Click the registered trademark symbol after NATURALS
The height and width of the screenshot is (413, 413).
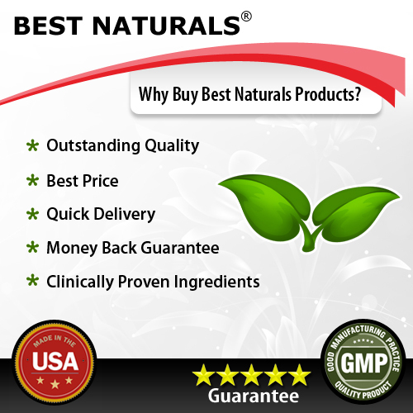coord(246,17)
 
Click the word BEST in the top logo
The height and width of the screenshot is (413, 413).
coord(48,26)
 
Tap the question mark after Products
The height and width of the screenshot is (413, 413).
coord(358,93)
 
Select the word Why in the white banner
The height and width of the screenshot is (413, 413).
coord(154,94)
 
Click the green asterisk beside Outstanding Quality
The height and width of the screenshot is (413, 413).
coord(33,145)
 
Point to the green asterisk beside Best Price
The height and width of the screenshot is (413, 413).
coord(33,181)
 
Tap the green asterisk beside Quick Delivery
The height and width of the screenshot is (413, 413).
coord(33,214)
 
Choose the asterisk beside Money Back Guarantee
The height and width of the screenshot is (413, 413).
coord(33,248)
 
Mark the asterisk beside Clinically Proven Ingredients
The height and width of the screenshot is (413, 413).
coord(33,281)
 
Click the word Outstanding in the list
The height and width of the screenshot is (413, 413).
coord(93,145)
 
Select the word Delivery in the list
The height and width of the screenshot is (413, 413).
coord(125,215)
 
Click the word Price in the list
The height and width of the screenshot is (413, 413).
coord(101,181)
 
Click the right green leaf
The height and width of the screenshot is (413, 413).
coord(355,212)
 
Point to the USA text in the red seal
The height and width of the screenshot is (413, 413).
coord(55,361)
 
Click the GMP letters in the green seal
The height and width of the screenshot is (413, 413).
coord(364,363)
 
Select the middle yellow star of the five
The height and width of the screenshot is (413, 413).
coord(251,374)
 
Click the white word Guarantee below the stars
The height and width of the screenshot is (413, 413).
coord(254,396)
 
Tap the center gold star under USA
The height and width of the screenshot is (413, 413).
coord(55,383)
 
